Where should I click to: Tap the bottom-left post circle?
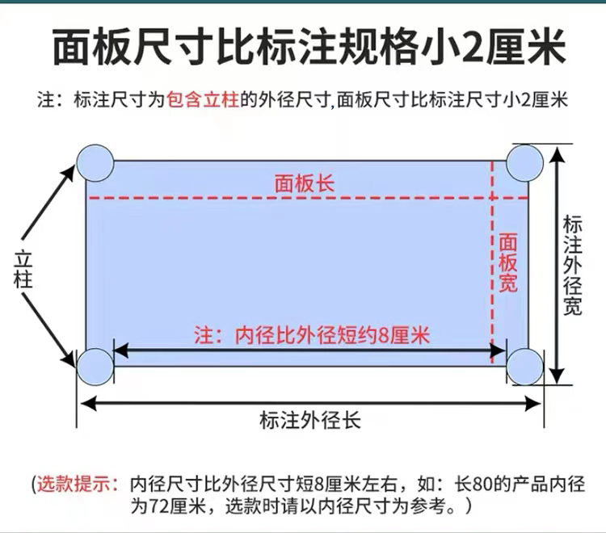[95, 366]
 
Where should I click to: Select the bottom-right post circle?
[525, 366]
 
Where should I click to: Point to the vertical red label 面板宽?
[509, 263]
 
